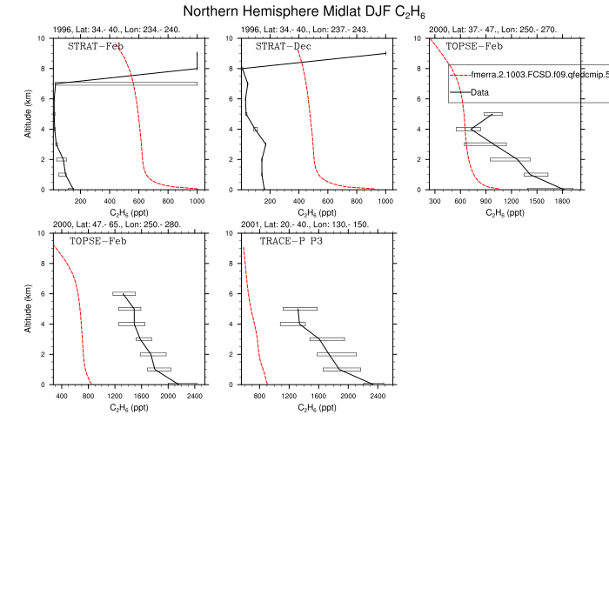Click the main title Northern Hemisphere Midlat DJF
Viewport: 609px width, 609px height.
pos(304,11)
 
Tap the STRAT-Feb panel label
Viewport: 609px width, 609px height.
pos(96,46)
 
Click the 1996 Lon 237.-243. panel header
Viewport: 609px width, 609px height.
pos(304,30)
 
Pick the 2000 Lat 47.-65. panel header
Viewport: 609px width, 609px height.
pos(117,224)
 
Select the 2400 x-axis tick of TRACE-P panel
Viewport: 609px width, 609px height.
pos(378,397)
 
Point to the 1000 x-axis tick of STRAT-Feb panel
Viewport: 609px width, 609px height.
pos(197,202)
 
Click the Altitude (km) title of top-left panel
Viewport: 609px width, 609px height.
pos(29,114)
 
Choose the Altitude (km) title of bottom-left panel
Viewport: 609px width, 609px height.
pos(29,309)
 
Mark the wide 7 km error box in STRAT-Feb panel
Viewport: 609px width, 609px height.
pos(126,84)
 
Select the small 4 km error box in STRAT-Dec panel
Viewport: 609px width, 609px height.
pos(255,129)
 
